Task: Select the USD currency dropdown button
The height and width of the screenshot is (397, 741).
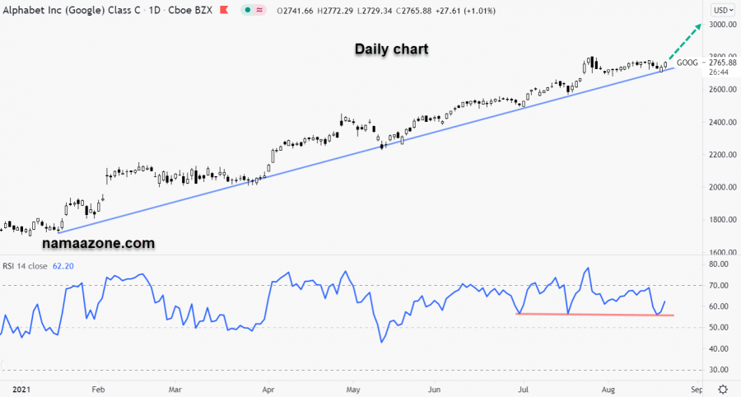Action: pos(722,10)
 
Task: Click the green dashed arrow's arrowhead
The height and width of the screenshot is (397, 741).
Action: pos(699,26)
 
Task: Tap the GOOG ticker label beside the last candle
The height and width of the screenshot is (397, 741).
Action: pos(687,63)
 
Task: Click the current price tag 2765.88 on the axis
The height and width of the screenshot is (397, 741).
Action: pos(722,63)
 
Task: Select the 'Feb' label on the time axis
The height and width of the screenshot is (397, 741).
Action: pos(98,388)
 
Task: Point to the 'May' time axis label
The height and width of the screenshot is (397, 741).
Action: pos(353,388)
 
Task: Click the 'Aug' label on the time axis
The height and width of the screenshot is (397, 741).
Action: pos(608,388)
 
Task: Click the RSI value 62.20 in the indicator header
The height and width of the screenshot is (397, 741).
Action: pos(63,266)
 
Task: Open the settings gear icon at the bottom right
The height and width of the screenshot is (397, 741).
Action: pos(722,388)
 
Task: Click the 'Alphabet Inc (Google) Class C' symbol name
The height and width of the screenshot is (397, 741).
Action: pos(68,10)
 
